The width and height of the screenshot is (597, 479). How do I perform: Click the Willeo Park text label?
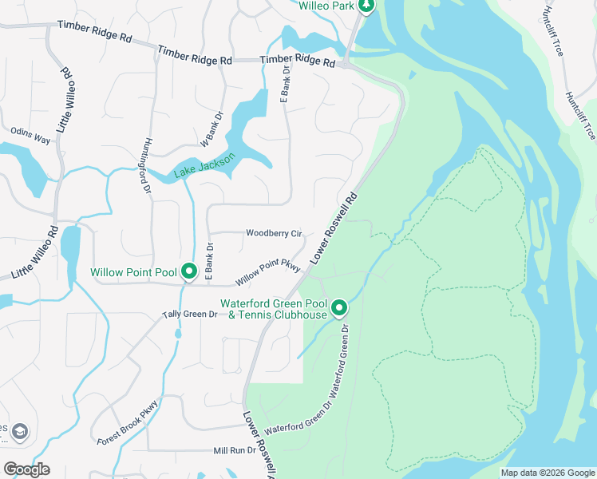point(325,6)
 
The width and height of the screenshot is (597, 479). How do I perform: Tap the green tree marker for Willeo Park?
point(366,6)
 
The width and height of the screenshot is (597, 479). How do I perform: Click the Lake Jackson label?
point(205,166)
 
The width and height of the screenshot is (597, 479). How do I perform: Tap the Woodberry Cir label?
point(274,234)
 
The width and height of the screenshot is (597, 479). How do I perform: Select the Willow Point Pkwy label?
point(267,273)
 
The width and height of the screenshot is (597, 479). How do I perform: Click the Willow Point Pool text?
point(133,273)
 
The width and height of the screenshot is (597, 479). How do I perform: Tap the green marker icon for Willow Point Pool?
point(189,272)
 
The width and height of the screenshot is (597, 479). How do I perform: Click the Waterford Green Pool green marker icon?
point(339,307)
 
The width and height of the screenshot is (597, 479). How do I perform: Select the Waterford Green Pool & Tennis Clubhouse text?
point(274,309)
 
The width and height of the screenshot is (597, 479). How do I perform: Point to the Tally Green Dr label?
point(190,315)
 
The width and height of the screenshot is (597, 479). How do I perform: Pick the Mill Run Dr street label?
point(234,450)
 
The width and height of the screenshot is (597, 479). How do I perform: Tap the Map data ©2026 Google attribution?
point(548,473)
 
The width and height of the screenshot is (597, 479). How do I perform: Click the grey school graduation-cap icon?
point(19,432)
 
